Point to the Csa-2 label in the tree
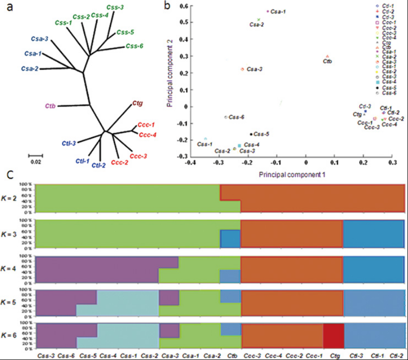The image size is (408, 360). [x=30, y=69]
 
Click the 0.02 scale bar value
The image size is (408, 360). [x=35, y=161]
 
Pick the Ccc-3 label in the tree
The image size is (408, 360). [x=138, y=156]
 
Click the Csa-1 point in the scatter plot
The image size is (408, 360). [x=268, y=11]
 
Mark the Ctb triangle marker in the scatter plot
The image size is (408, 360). [x=327, y=56]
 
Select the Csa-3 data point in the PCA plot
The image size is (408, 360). [x=243, y=69]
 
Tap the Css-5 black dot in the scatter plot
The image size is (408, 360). [x=251, y=134]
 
